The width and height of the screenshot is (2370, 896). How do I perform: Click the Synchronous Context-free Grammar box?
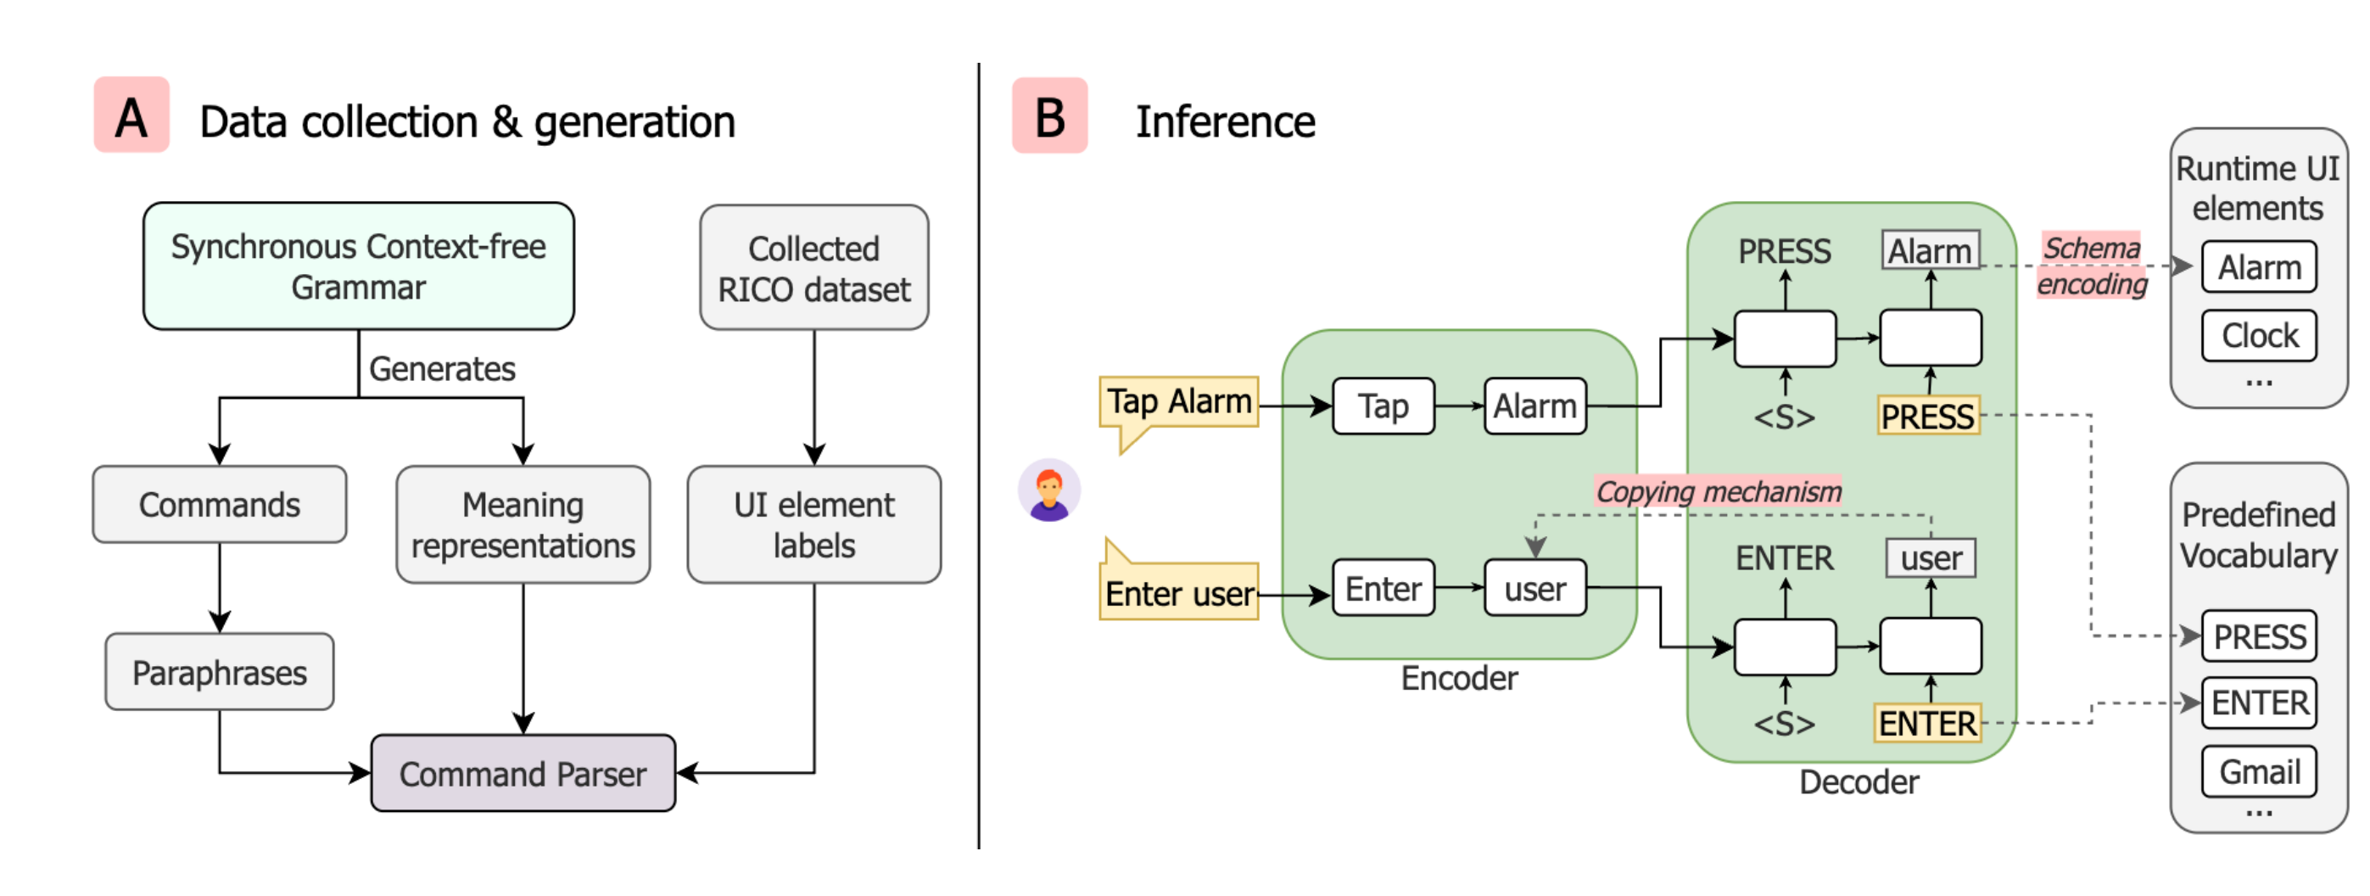358,266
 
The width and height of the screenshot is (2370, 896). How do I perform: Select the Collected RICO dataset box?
813,267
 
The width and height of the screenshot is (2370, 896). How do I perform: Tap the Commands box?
219,505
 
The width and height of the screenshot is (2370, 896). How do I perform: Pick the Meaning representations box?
523,524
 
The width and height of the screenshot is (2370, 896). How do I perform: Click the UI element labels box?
813,524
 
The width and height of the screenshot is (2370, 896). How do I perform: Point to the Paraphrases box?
219,673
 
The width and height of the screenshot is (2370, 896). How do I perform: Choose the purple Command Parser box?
523,774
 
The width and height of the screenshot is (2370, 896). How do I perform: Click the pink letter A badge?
131,116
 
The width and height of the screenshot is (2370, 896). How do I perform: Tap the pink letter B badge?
1050,116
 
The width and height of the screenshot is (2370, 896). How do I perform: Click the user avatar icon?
1048,490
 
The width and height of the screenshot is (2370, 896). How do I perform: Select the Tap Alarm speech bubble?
1178,403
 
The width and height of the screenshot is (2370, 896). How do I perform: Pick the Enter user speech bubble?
1178,591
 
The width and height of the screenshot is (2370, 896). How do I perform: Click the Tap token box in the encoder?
1383,406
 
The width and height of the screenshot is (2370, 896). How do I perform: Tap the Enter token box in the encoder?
1383,588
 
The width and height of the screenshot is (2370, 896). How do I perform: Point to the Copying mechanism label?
1719,491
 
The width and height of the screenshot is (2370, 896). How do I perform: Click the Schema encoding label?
2091,266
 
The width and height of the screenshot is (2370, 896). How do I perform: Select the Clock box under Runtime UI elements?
2259,336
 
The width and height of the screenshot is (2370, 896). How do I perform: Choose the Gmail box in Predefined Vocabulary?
2259,772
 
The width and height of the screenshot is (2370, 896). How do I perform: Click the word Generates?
442,369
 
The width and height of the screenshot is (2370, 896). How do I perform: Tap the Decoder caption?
1859,782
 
